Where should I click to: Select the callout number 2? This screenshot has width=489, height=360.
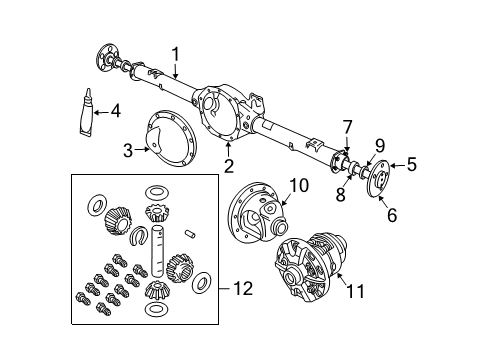[x=229, y=166]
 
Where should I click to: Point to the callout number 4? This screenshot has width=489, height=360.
[x=116, y=110]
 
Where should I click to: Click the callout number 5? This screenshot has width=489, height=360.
[x=412, y=166]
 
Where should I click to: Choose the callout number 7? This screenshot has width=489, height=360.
[x=347, y=126]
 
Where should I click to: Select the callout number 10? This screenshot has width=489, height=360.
[x=300, y=184]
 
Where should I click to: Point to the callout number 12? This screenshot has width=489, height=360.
[x=243, y=290]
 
